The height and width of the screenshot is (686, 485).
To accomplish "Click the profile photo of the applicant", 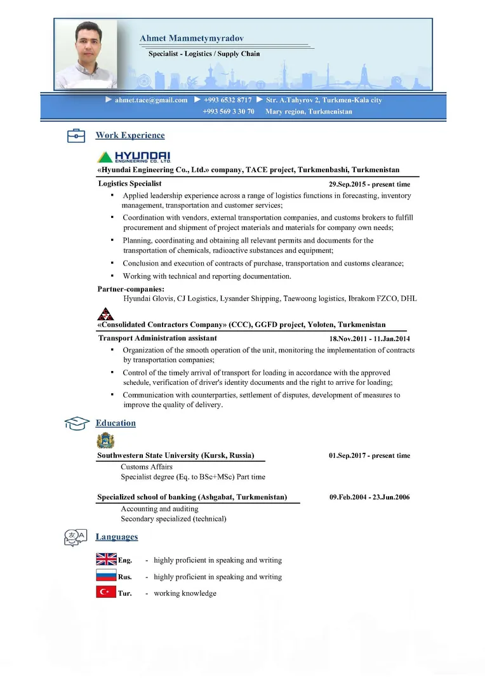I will (x=86, y=54).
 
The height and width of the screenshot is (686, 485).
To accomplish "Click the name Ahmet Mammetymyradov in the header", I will (x=192, y=39).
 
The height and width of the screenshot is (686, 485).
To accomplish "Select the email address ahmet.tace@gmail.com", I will (x=151, y=100).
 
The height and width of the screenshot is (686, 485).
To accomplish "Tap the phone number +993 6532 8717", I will (x=227, y=100).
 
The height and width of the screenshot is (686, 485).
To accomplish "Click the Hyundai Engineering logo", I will (x=134, y=157).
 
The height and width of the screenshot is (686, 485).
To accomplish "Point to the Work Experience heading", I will (x=130, y=135).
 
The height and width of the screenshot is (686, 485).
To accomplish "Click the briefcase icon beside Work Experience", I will (x=76, y=135).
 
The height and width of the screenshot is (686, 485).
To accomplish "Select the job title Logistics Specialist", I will (x=130, y=184).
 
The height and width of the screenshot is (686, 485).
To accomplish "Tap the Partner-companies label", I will (x=131, y=289).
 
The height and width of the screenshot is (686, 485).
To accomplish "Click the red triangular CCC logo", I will (x=105, y=313).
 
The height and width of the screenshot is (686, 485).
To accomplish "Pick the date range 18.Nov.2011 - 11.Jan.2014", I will (x=369, y=339).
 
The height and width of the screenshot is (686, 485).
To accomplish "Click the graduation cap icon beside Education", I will (x=76, y=424).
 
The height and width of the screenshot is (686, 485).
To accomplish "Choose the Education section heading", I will (x=116, y=423).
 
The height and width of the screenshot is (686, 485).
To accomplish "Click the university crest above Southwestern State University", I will (x=105, y=441).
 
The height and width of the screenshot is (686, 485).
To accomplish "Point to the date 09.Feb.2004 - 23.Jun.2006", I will (x=369, y=497).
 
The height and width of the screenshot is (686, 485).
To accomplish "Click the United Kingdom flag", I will (x=106, y=560).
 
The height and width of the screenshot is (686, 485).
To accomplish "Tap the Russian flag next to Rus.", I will (x=106, y=576).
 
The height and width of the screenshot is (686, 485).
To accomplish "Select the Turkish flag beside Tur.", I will (x=106, y=593).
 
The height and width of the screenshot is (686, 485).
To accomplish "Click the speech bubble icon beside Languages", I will (x=76, y=537).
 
